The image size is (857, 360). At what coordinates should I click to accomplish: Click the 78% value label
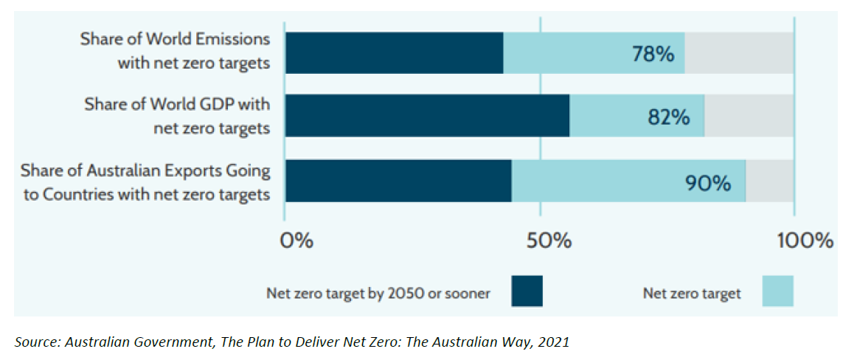click(653, 54)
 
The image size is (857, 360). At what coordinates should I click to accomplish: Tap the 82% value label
click(669, 117)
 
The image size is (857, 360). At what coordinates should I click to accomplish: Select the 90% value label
click(707, 182)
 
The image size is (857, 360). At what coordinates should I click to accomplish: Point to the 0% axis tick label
click(298, 240)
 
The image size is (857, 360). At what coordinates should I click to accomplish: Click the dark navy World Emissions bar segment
click(394, 53)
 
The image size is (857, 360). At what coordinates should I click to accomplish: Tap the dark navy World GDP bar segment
click(427, 116)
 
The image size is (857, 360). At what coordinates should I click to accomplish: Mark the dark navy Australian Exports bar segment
click(398, 181)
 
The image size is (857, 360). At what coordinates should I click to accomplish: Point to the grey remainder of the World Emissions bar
click(739, 53)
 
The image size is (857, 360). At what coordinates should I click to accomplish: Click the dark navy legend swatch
click(527, 291)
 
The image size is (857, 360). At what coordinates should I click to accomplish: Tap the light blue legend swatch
click(777, 291)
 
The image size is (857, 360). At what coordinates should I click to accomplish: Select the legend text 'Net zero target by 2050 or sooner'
click(378, 293)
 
